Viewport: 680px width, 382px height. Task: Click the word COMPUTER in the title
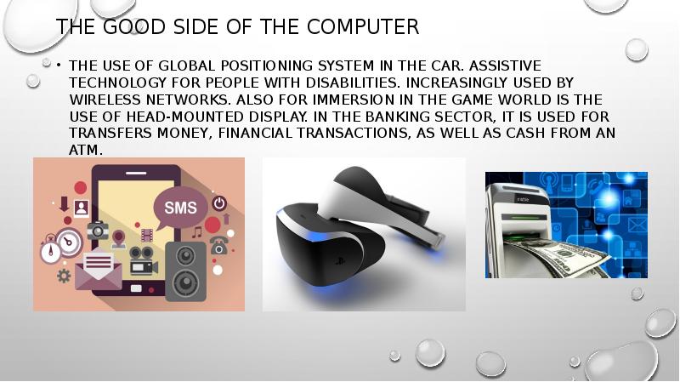[363, 26]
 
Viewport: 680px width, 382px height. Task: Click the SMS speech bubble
[180, 208]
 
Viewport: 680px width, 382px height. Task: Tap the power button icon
[219, 203]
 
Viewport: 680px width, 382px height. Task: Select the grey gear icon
[64, 276]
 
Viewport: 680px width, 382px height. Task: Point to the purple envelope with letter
[99, 269]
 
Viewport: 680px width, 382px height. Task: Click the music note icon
[197, 232]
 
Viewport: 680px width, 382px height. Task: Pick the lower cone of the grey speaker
[186, 282]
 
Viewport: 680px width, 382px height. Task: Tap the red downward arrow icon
[65, 204]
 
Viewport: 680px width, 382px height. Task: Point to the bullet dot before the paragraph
[58, 66]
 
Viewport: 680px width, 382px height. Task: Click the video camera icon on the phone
[143, 260]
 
